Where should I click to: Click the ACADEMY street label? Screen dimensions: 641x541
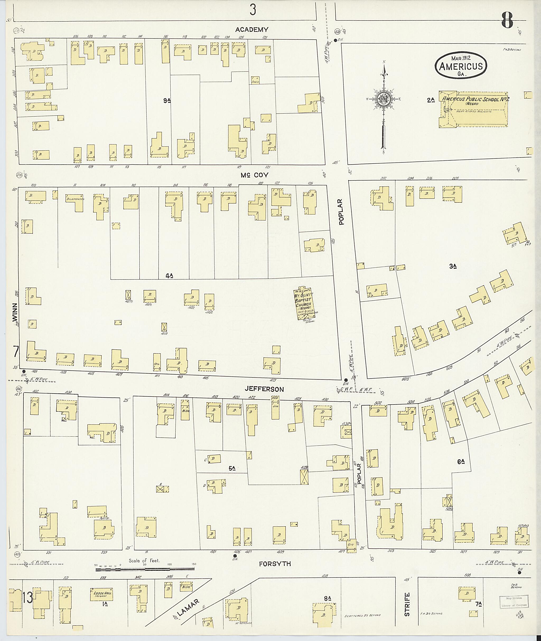click(x=251, y=30)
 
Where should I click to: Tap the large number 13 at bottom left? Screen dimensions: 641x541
click(x=27, y=597)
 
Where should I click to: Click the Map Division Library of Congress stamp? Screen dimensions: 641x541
click(x=514, y=601)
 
